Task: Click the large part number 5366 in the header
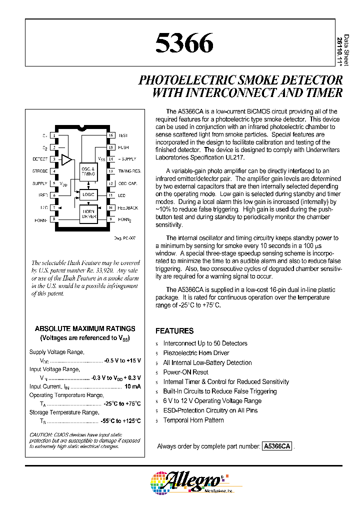[x=184, y=44]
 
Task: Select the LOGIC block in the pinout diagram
[x=88, y=194]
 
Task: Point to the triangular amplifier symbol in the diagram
[x=66, y=159]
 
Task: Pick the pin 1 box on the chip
[x=54, y=135]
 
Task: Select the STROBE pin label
[x=40, y=171]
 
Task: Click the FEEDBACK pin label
[x=128, y=207]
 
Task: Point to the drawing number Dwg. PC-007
[x=125, y=238]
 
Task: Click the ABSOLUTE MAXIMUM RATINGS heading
[x=85, y=328]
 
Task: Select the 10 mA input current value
[x=132, y=386]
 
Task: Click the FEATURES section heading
[x=174, y=331]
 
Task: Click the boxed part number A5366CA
[x=276, y=447]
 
